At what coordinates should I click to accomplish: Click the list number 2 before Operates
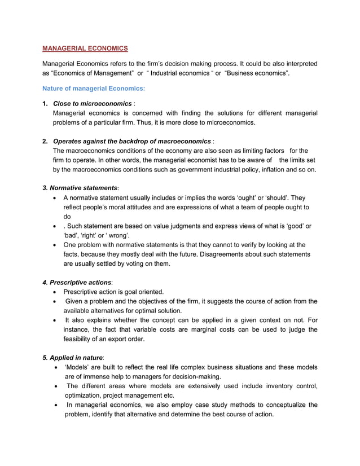click(45, 140)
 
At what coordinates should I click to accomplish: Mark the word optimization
click(85, 395)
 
